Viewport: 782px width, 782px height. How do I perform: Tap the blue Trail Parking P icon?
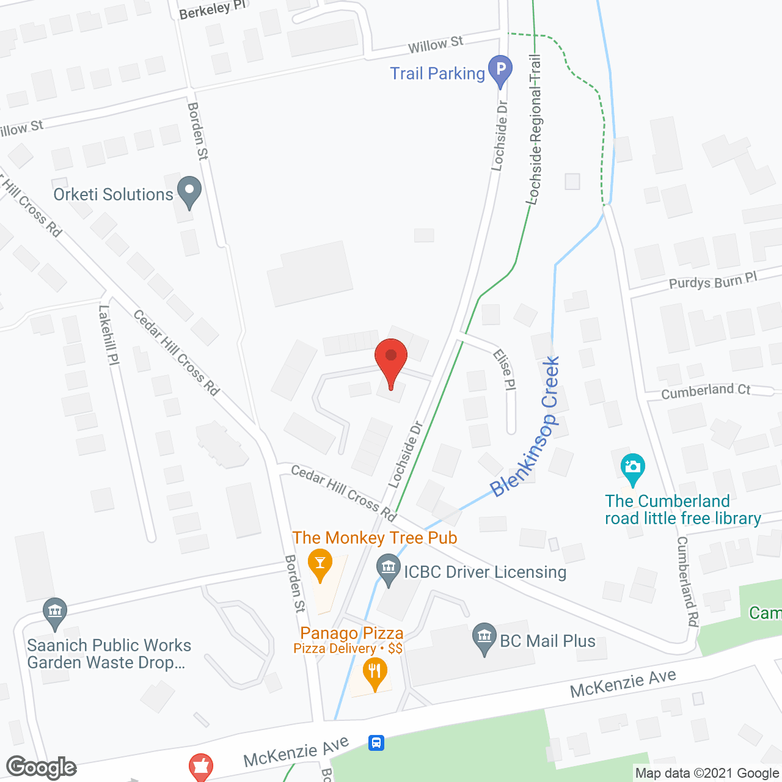point(500,70)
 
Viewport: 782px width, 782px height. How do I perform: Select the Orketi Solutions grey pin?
point(189,191)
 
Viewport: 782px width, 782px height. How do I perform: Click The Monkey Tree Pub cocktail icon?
point(320,564)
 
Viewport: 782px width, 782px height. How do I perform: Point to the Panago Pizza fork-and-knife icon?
point(375,673)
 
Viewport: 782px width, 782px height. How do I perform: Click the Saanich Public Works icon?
point(55,613)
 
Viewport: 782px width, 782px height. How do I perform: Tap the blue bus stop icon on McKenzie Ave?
point(376,743)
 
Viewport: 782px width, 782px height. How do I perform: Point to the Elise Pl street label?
point(505,369)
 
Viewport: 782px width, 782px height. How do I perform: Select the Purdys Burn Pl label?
point(713,281)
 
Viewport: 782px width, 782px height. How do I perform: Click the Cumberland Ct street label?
point(706,391)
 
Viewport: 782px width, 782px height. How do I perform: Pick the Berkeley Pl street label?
point(213,9)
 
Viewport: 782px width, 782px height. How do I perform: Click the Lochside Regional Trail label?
point(535,129)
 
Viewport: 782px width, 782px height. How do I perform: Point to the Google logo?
point(41,767)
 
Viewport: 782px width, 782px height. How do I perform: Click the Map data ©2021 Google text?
point(707,773)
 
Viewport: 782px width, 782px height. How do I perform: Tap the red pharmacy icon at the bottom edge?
point(200,767)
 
